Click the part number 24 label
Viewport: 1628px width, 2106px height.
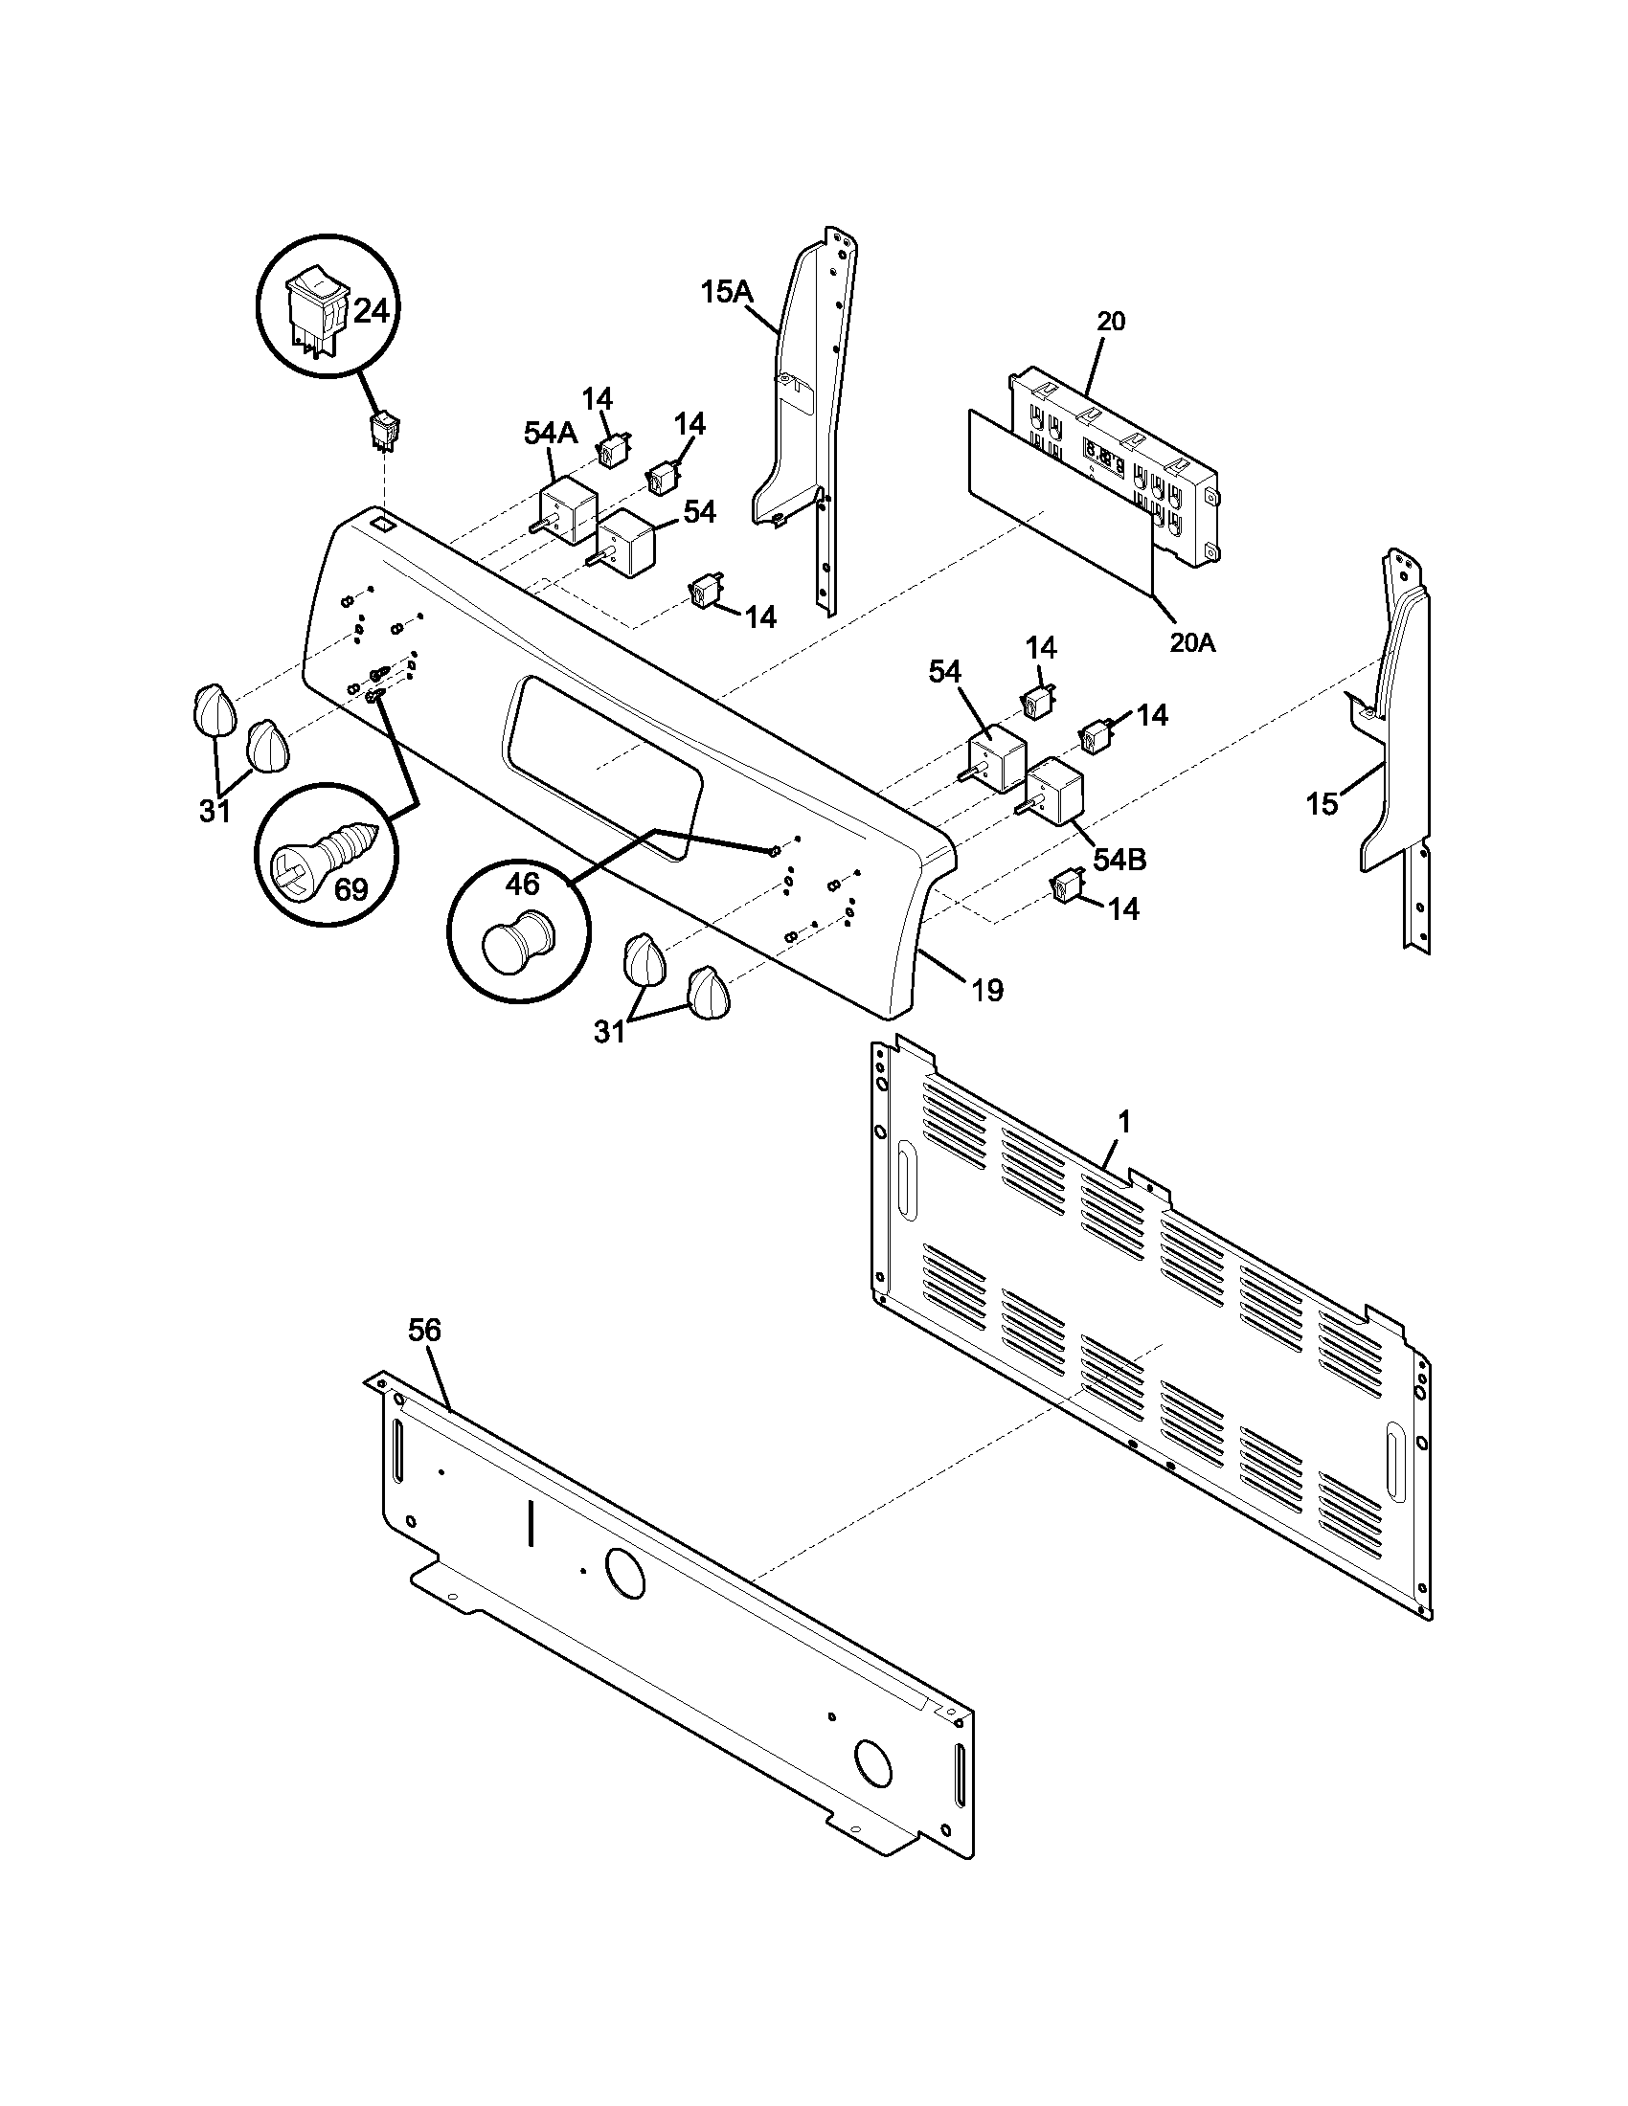point(372,310)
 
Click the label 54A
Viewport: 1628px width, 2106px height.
point(551,434)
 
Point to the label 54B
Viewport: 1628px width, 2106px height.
point(1119,860)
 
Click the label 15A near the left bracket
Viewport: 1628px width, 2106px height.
point(725,291)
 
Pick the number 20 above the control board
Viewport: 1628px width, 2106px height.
point(1111,321)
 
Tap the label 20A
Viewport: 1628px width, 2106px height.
point(1192,642)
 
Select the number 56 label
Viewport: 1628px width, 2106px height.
point(423,1330)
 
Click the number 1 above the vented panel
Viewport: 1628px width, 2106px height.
point(1123,1122)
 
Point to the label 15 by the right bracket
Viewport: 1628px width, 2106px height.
point(1322,803)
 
